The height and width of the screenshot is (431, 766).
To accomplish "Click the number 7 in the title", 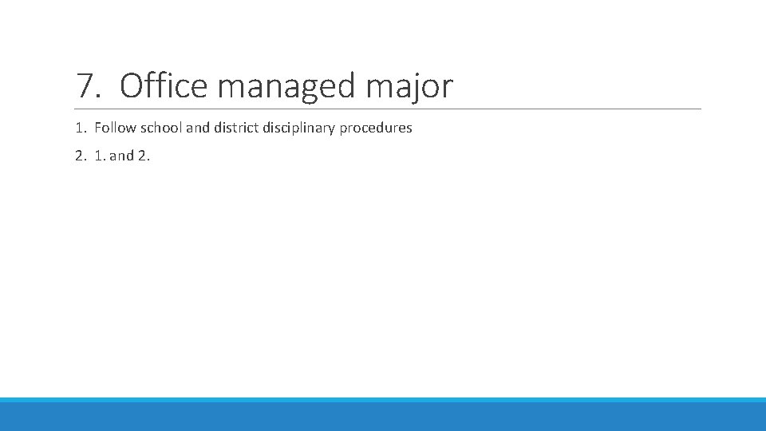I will tap(85, 85).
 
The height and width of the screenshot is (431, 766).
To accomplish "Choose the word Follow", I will tap(115, 128).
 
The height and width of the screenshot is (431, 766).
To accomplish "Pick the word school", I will tap(161, 128).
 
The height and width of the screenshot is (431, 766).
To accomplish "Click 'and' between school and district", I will tap(197, 128).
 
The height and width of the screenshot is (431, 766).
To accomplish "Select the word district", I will tap(235, 128).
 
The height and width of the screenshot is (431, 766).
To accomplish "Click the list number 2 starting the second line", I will tap(80, 156).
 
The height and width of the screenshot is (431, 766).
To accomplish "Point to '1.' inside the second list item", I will tap(99, 156).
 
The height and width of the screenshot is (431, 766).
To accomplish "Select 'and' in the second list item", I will tap(121, 156).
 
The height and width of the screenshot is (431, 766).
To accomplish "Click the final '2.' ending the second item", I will tap(144, 156).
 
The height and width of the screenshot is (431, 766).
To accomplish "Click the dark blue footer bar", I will tap(383, 417).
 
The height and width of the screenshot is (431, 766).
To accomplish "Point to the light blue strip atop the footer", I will tap(383, 400).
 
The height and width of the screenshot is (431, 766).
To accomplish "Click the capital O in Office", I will tap(131, 85).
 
